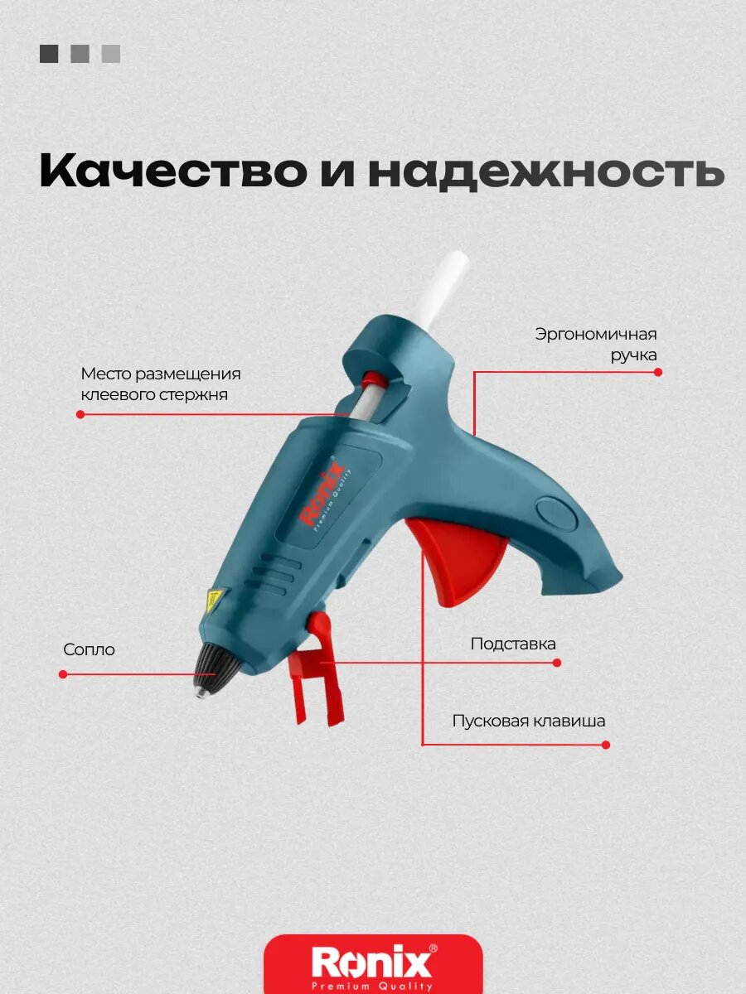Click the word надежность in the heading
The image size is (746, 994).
[x=547, y=171]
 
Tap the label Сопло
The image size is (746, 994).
[x=89, y=650]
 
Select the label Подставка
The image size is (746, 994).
[x=513, y=644]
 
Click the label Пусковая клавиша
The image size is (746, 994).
[x=529, y=721]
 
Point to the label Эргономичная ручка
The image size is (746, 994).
[x=595, y=345]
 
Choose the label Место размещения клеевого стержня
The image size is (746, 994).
[x=160, y=384]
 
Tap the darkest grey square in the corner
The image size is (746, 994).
[x=49, y=54]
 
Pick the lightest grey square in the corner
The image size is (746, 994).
[x=111, y=54]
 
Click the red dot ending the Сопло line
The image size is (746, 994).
[x=63, y=674]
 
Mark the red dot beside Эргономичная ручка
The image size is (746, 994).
[x=658, y=372]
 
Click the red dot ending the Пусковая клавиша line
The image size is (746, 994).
[x=606, y=745]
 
